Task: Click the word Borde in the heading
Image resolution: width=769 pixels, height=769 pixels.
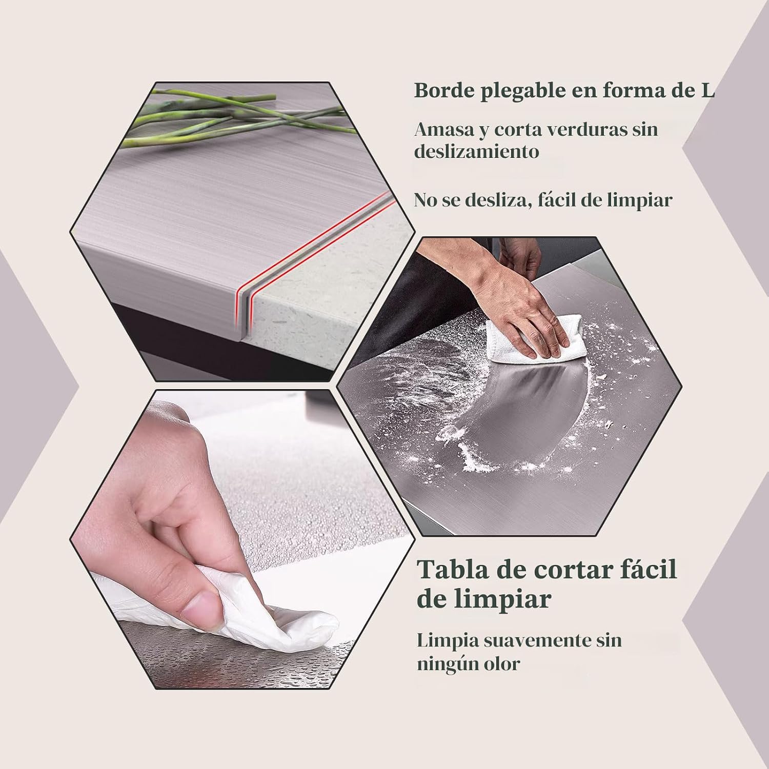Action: pyautogui.click(x=443, y=91)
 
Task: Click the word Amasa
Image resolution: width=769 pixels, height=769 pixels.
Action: pyautogui.click(x=444, y=129)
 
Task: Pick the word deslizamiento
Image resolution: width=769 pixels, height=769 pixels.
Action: pyautogui.click(x=477, y=152)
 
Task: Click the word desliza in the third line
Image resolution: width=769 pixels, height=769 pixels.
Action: pyautogui.click(x=497, y=200)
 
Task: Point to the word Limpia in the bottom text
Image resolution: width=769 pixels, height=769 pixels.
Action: pyautogui.click(x=448, y=641)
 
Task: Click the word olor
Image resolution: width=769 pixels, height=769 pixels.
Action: pyautogui.click(x=502, y=664)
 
